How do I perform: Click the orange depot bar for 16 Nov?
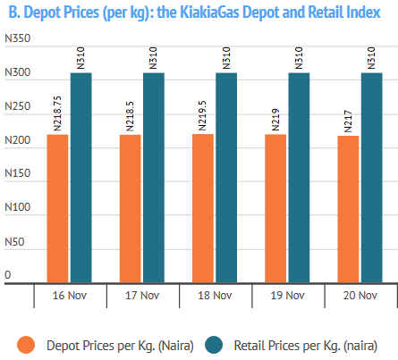tap(57, 208)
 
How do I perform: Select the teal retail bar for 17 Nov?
tap(154, 178)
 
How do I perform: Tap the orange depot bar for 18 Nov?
tap(203, 208)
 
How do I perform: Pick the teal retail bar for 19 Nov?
tap(299, 178)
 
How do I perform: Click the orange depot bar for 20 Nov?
tap(348, 209)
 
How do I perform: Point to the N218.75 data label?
tap(57, 113)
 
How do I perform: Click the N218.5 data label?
tap(130, 116)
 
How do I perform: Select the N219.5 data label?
tap(202, 116)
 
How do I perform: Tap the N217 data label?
tap(348, 121)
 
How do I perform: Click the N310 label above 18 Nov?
tap(226, 58)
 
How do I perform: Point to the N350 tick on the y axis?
tap(18, 38)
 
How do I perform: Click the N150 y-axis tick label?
tap(18, 173)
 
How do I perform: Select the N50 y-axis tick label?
tap(14, 242)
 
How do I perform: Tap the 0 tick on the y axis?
tap(8, 275)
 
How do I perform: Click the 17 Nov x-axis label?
tap(142, 296)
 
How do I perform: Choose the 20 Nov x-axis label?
tap(360, 296)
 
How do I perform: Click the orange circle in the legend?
tap(26, 345)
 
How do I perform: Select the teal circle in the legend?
tap(214, 345)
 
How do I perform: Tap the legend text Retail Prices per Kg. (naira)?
tap(306, 346)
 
